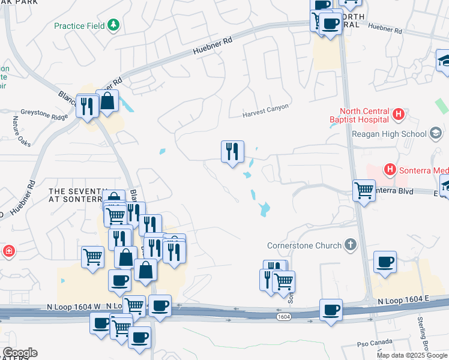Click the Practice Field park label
(x=79, y=26)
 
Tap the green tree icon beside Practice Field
(x=113, y=25)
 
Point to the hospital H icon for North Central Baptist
(x=397, y=114)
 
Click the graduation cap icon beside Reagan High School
(x=436, y=133)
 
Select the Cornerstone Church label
(x=305, y=245)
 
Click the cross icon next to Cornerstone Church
(x=351, y=245)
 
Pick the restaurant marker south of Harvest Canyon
(x=232, y=151)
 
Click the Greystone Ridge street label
(x=44, y=111)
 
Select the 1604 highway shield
(x=284, y=316)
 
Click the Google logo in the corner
(x=19, y=353)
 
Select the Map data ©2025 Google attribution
(x=411, y=355)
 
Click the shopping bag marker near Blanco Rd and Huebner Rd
(x=107, y=101)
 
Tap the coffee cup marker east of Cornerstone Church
(x=385, y=262)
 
